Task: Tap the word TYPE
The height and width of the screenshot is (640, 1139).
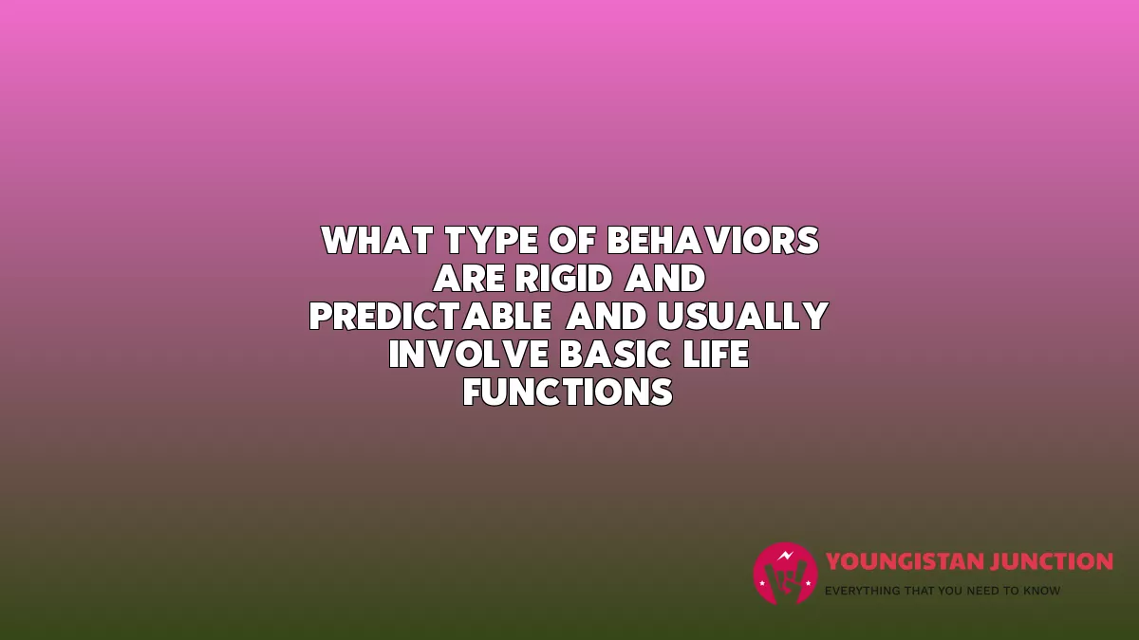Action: click(x=492, y=240)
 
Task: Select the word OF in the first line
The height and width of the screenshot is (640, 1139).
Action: click(x=572, y=240)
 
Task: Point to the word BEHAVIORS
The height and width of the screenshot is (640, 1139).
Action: click(x=713, y=240)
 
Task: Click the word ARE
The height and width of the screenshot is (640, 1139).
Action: click(x=469, y=279)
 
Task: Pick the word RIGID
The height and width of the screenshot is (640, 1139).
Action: click(x=564, y=279)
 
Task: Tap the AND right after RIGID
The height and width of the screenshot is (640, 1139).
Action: click(x=664, y=279)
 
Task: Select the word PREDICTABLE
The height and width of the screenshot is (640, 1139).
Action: click(x=431, y=316)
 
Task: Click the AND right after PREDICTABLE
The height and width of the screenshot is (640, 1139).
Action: click(x=607, y=316)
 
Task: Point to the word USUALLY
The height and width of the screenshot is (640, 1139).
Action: click(x=743, y=316)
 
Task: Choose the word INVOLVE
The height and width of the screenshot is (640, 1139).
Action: click(x=469, y=354)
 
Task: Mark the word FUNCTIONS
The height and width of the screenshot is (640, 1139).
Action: click(x=568, y=392)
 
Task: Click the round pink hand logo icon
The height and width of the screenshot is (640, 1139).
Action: click(x=785, y=574)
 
